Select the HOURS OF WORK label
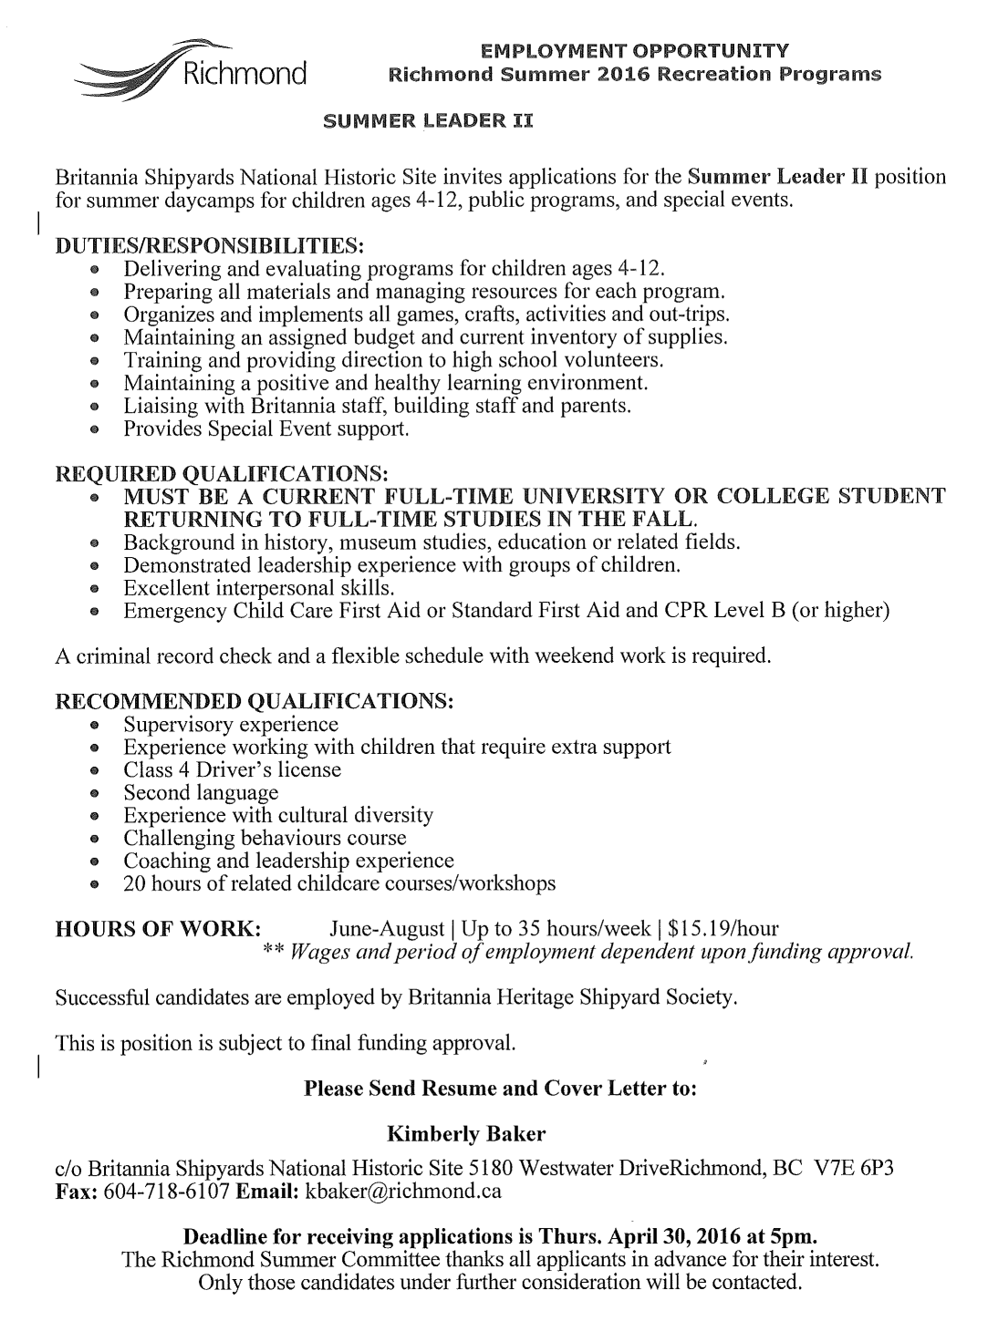(159, 929)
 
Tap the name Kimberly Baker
(466, 1134)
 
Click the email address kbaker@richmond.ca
(403, 1191)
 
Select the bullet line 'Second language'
(201, 792)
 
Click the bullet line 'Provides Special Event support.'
(266, 428)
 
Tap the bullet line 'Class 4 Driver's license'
(232, 769)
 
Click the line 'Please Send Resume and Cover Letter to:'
(500, 1089)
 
